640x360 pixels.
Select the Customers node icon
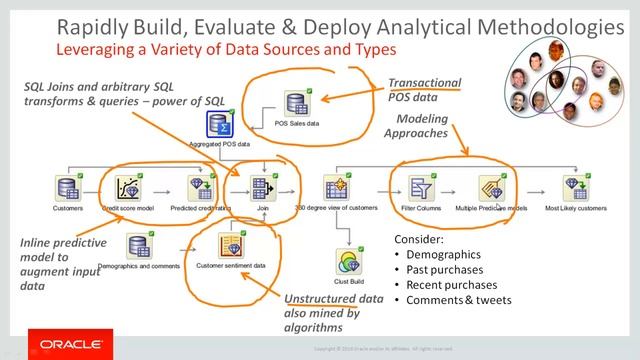point(67,187)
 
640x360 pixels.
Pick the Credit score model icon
point(127,187)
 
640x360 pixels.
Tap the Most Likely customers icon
point(575,187)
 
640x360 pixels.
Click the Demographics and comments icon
point(139,246)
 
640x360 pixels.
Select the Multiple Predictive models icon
point(490,187)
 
